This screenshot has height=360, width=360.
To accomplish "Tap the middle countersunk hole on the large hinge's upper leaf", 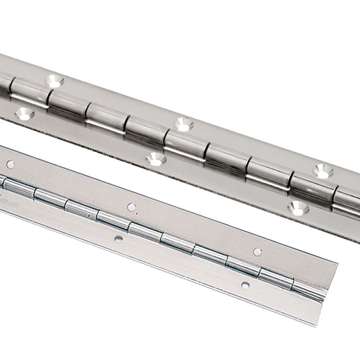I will [182, 124].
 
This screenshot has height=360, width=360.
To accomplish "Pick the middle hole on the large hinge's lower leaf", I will [156, 160].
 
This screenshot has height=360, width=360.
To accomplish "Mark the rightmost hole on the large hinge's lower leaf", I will [294, 207].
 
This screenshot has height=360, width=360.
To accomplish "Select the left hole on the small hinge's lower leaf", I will [118, 238].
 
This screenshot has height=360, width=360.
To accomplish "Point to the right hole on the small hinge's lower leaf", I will [245, 285].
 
